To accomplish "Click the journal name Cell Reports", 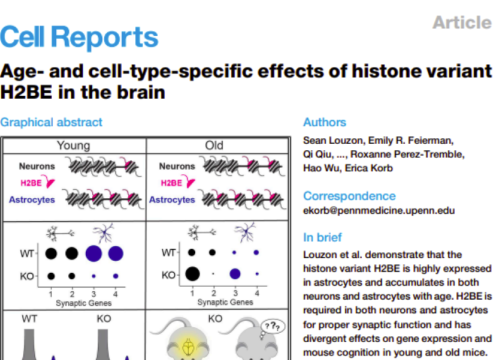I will [x=79, y=37].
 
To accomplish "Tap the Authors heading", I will [x=325, y=123].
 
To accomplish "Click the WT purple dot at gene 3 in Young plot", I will [x=97, y=252].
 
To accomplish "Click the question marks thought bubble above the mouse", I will [x=267, y=325].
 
